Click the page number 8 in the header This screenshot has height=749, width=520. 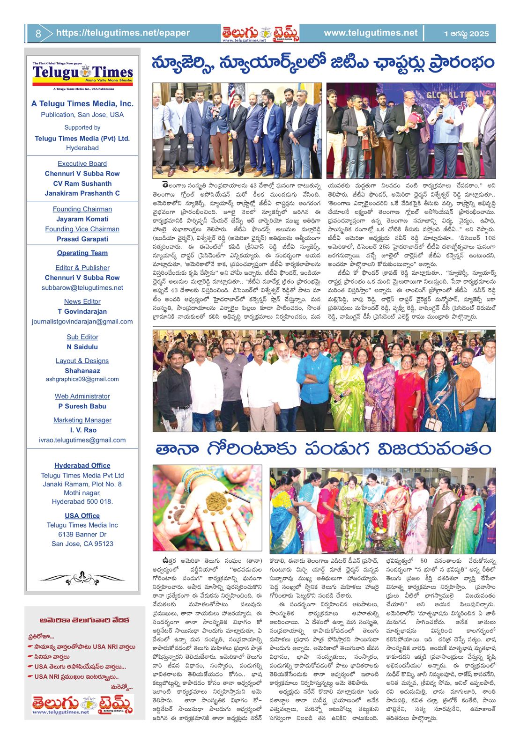pyautogui.click(x=38, y=33)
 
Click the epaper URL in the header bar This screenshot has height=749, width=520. pyautogui.click(x=123, y=33)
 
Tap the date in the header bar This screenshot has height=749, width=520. pyautogui.click(x=466, y=33)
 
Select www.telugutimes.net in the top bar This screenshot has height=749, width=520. pyautogui.click(x=370, y=33)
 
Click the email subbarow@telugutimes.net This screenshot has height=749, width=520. pyautogui.click(x=82, y=287)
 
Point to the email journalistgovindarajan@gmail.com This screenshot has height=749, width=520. pyautogui.click(x=82, y=322)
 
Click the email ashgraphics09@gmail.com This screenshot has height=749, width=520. pyautogui.click(x=82, y=379)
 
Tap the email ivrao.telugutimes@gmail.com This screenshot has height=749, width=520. pyautogui.click(x=82, y=440)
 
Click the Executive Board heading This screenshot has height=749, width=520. pyautogui.click(x=82, y=163)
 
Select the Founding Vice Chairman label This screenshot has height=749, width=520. pyautogui.click(x=82, y=229)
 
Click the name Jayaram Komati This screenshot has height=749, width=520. pyautogui.click(x=82, y=219)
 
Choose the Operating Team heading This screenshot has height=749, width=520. pyautogui.click(x=82, y=253)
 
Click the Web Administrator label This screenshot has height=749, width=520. pyautogui.click(x=82, y=396)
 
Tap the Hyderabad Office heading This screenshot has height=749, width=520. pyautogui.click(x=82, y=465)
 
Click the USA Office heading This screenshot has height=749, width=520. pyautogui.click(x=82, y=515)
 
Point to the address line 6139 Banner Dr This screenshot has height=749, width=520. pyautogui.click(x=82, y=534)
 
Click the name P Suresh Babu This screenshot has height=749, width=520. pyautogui.click(x=82, y=406)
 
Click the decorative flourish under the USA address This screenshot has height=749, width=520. pyautogui.click(x=82, y=579)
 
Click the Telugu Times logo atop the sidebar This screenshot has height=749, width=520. pyautogui.click(x=82, y=74)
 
